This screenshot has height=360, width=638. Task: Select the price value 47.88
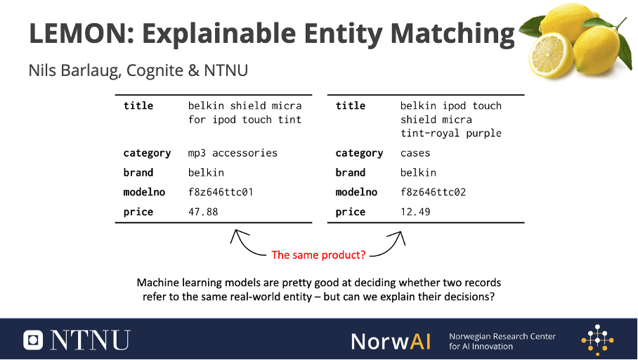[203, 212]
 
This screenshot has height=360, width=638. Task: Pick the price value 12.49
[415, 212]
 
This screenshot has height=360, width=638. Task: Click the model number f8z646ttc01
[221, 192]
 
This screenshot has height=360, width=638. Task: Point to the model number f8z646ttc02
[433, 192]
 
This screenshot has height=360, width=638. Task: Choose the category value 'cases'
[415, 153]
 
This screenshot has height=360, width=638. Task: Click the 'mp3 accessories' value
[233, 153]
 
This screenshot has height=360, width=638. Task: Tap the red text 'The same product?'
[318, 255]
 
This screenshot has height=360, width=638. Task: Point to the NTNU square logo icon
[33, 340]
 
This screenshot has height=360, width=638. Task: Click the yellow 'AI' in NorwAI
[420, 341]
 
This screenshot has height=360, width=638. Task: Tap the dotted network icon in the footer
[597, 340]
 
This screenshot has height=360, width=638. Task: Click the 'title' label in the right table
[351, 106]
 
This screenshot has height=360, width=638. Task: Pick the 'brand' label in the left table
[138, 173]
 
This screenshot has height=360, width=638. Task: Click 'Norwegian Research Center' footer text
[502, 336]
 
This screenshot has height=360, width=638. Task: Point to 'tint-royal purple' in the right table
[451, 133]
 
